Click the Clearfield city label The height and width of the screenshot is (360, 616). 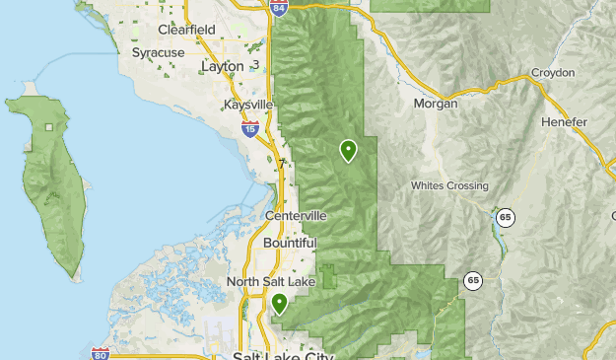[186, 30]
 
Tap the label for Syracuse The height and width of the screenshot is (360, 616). [159, 51]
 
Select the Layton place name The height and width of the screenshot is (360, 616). [221, 66]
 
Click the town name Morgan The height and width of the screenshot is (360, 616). [437, 103]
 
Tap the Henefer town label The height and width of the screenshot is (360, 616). [564, 121]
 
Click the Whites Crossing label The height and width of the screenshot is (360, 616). [449, 186]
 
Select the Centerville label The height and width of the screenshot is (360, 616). [296, 216]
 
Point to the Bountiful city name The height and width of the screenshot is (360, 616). [290, 243]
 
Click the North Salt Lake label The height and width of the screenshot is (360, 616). [271, 282]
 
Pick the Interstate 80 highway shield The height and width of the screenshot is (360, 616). [100, 353]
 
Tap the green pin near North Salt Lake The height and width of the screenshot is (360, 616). [280, 304]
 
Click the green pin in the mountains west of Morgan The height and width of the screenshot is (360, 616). [348, 150]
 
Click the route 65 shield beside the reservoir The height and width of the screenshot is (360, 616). [506, 217]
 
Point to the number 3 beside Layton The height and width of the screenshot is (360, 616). [255, 65]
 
